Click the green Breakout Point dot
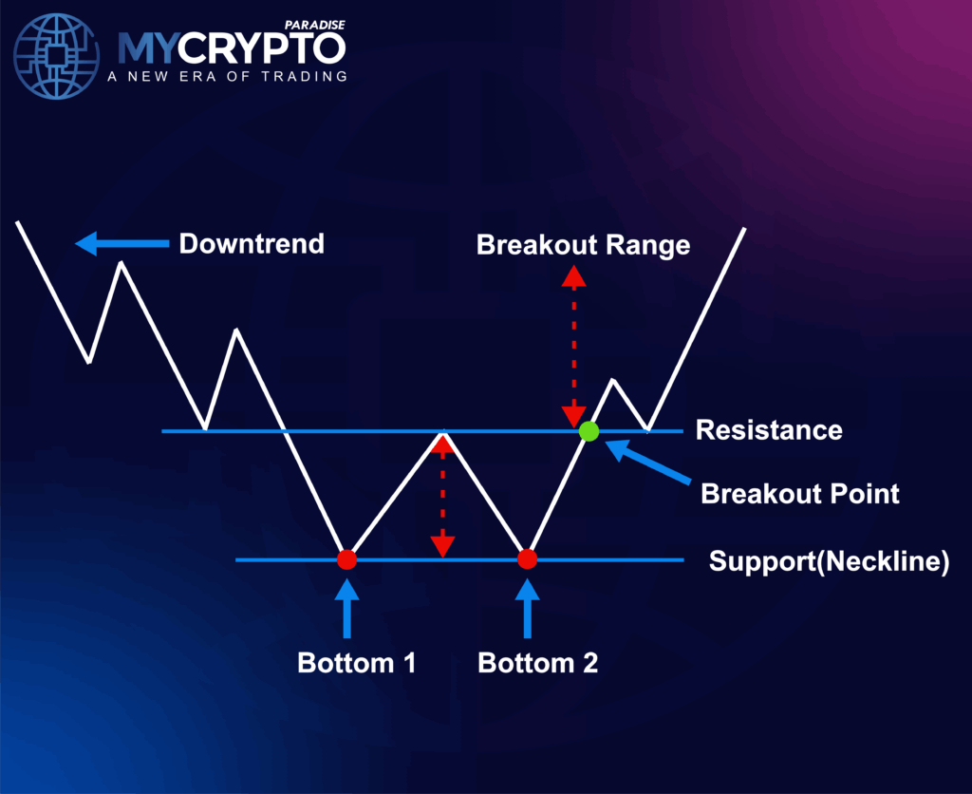pyautogui.click(x=589, y=431)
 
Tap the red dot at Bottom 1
pyautogui.click(x=347, y=559)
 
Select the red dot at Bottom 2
pyautogui.click(x=527, y=559)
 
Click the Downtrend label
pyautogui.click(x=252, y=244)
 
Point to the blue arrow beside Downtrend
pyautogui.click(x=122, y=244)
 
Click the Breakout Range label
pyautogui.click(x=584, y=245)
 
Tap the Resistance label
pyautogui.click(x=769, y=430)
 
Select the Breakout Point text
pyautogui.click(x=800, y=494)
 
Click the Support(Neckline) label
pyautogui.click(x=830, y=561)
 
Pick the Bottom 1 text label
pyautogui.click(x=357, y=663)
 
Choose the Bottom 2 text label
pyautogui.click(x=538, y=663)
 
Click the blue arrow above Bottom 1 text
pyautogui.click(x=347, y=609)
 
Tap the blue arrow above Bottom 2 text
pyautogui.click(x=528, y=609)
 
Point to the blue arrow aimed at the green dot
pyautogui.click(x=647, y=461)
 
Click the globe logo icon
pyautogui.click(x=56, y=56)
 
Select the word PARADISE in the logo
pyautogui.click(x=315, y=25)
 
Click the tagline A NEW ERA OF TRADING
pyautogui.click(x=228, y=76)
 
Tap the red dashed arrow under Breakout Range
pyautogui.click(x=574, y=347)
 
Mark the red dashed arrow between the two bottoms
pyautogui.click(x=442, y=495)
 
